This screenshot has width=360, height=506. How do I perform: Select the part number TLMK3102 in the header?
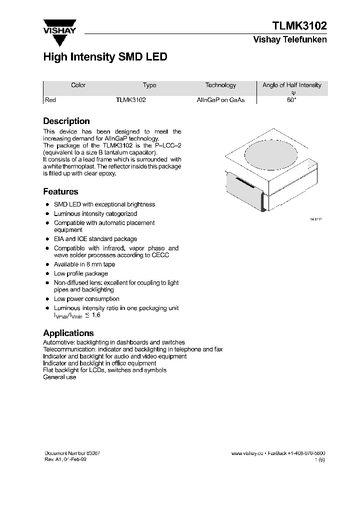(x=299, y=26)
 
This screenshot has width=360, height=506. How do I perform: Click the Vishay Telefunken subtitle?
(x=290, y=40)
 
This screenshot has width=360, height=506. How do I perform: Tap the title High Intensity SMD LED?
(x=105, y=57)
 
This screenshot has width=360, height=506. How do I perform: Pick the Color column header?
(x=78, y=85)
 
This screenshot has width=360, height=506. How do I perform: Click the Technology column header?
(x=220, y=85)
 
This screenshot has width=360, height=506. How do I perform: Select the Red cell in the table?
(x=50, y=100)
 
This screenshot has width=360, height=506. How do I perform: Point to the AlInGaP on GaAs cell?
(x=220, y=100)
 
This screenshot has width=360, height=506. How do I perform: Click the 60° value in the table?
(x=292, y=100)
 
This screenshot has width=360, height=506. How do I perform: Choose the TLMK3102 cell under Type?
(x=131, y=100)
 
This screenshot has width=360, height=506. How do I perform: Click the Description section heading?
(x=66, y=121)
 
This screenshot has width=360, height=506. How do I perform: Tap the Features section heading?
(x=60, y=191)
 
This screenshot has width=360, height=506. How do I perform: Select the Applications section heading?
(x=68, y=333)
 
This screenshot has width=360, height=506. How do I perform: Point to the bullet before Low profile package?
(x=47, y=274)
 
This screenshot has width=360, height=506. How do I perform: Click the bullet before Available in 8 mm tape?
(x=47, y=264)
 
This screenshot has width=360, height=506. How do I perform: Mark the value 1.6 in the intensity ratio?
(x=95, y=315)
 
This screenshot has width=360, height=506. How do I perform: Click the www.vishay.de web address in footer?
(x=247, y=453)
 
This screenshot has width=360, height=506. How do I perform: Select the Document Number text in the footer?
(x=72, y=453)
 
